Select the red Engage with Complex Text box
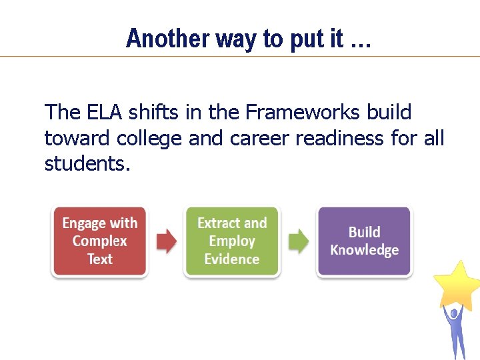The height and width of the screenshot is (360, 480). tap(99, 241)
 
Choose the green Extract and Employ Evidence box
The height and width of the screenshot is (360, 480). tap(232, 241)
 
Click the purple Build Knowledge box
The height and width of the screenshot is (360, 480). tap(364, 241)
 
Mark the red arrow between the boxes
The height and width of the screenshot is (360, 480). tap(166, 241)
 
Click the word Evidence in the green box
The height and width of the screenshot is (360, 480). tap(232, 259)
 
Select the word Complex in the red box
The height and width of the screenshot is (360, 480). tap(99, 241)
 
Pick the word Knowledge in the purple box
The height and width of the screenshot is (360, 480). tap(364, 250)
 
